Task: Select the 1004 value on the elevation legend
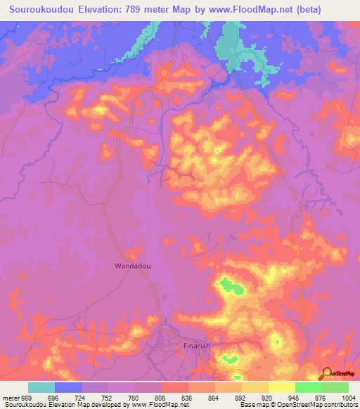pyautogui.click(x=349, y=397)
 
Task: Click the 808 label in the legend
pyautogui.click(x=162, y=397)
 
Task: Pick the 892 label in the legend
pyautogui.click(x=242, y=397)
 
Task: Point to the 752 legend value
pyautogui.click(x=108, y=397)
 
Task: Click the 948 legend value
pyautogui.click(x=295, y=397)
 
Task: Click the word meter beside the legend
pyautogui.click(x=11, y=397)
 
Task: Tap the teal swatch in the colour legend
pyautogui.click(x=41, y=387)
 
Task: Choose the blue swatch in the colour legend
pyautogui.click(x=68, y=387)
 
